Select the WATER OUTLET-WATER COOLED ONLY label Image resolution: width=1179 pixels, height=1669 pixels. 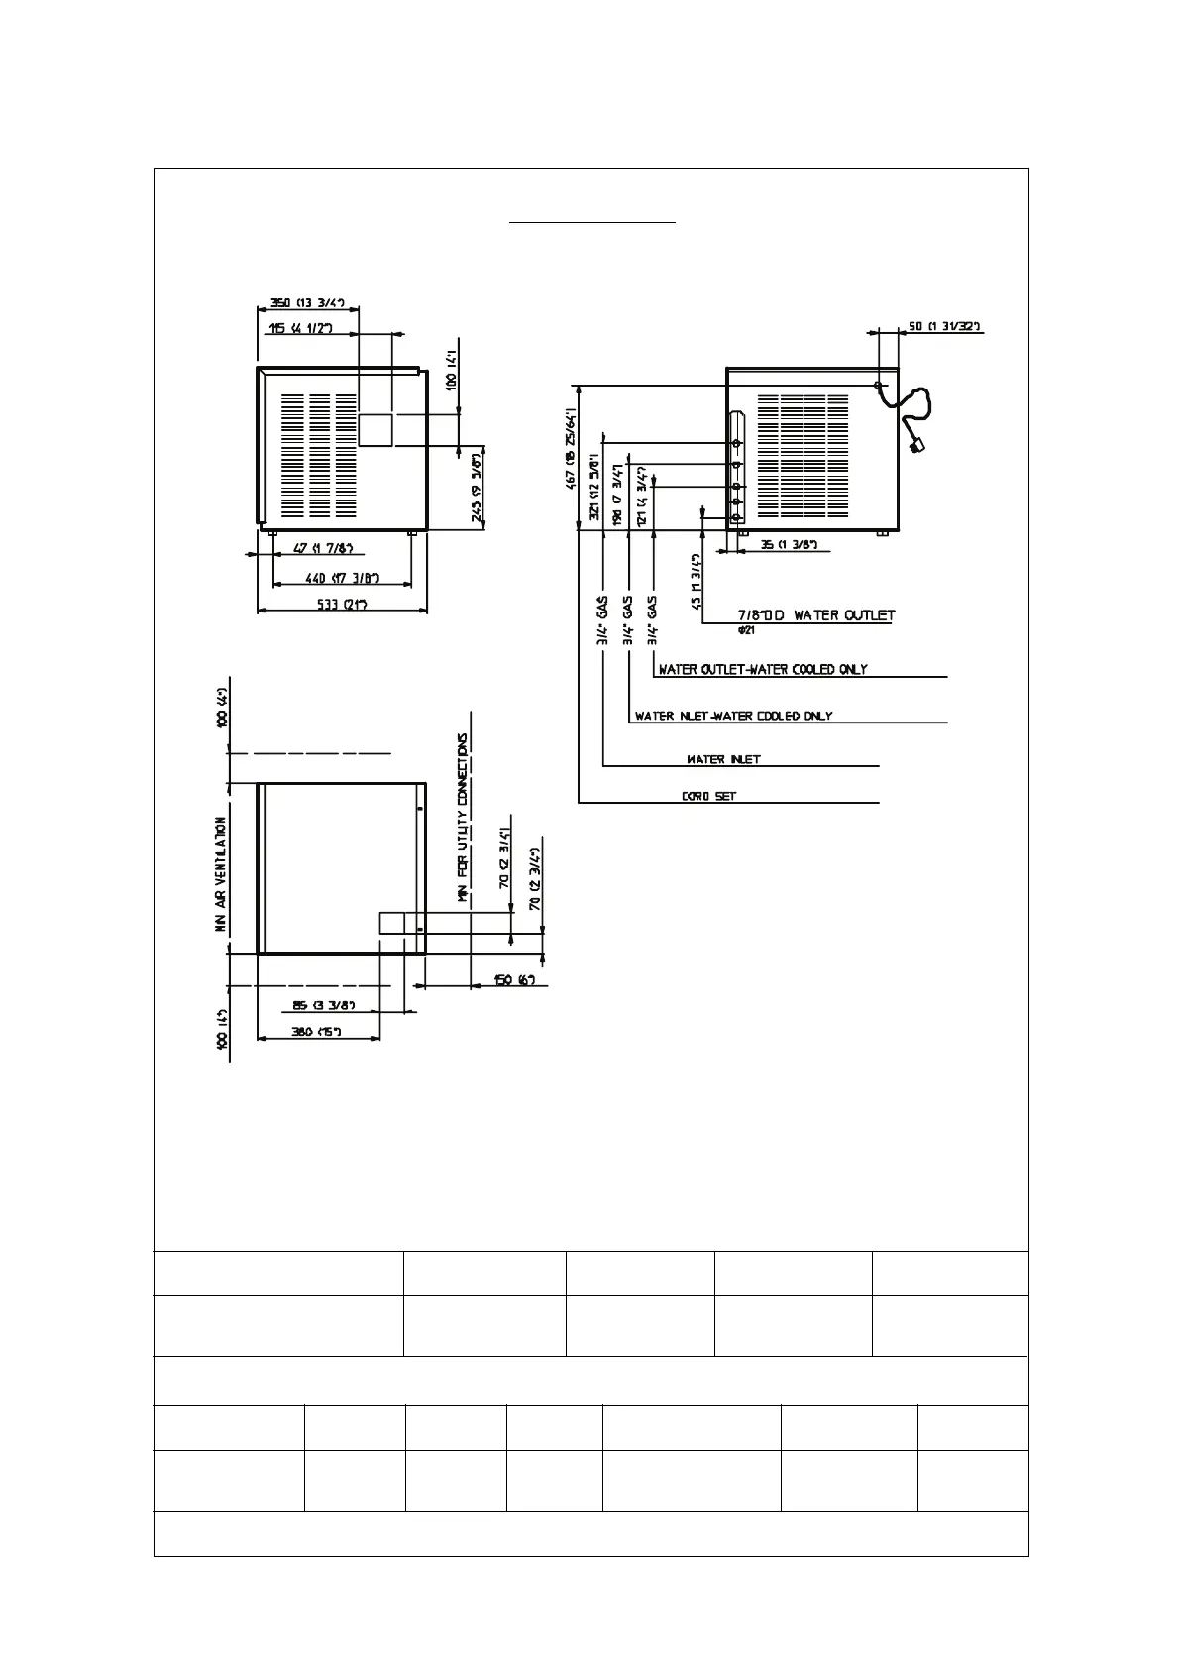763,669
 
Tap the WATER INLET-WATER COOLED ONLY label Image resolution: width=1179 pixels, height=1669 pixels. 734,716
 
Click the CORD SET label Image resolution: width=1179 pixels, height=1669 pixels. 709,796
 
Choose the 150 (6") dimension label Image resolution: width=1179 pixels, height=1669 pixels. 515,981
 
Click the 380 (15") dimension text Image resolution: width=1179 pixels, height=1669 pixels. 317,1032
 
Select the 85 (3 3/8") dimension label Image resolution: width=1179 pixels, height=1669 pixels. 318,1006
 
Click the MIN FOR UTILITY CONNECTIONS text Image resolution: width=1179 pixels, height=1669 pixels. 462,818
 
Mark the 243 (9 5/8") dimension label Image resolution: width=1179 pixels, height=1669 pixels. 478,488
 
